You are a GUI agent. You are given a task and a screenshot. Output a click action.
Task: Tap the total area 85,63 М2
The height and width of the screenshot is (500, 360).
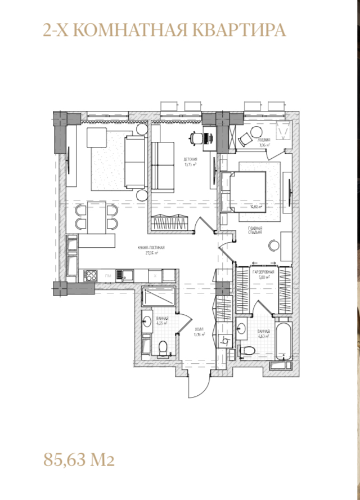pos(79,461)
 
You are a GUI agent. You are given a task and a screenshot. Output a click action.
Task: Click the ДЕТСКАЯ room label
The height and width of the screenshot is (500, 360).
pos(190,160)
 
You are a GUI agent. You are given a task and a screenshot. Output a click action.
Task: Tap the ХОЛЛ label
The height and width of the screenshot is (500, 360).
pos(199,331)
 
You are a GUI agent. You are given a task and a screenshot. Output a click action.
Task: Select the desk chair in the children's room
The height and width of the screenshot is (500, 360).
pos(195,137)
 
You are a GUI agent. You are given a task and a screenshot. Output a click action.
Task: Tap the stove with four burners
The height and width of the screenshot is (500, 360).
pos(90,276)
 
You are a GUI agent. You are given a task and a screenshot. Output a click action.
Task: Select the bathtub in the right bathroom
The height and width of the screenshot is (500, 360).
pos(283,341)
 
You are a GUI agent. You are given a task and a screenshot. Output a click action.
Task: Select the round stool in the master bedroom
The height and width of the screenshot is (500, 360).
pos(274,245)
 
